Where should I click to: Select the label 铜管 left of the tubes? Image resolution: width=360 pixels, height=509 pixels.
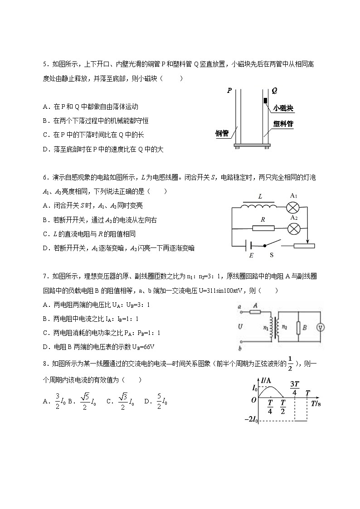click(x=222, y=133)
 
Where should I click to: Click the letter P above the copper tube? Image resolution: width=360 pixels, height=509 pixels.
click(x=229, y=91)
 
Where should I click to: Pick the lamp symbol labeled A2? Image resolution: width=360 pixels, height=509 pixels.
click(x=293, y=228)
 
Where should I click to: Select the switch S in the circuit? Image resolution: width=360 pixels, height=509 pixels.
click(x=272, y=246)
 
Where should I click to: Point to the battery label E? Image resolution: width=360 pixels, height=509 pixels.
click(x=251, y=255)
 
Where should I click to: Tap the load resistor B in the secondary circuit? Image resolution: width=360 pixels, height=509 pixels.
click(x=298, y=328)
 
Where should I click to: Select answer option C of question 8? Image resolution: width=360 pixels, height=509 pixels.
click(x=110, y=401)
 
